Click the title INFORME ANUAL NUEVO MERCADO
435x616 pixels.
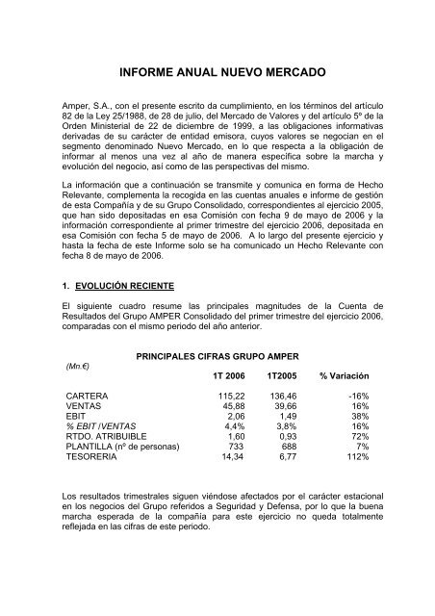pyautogui.click(x=217, y=72)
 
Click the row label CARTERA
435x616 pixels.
pyautogui.click(x=86, y=396)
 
